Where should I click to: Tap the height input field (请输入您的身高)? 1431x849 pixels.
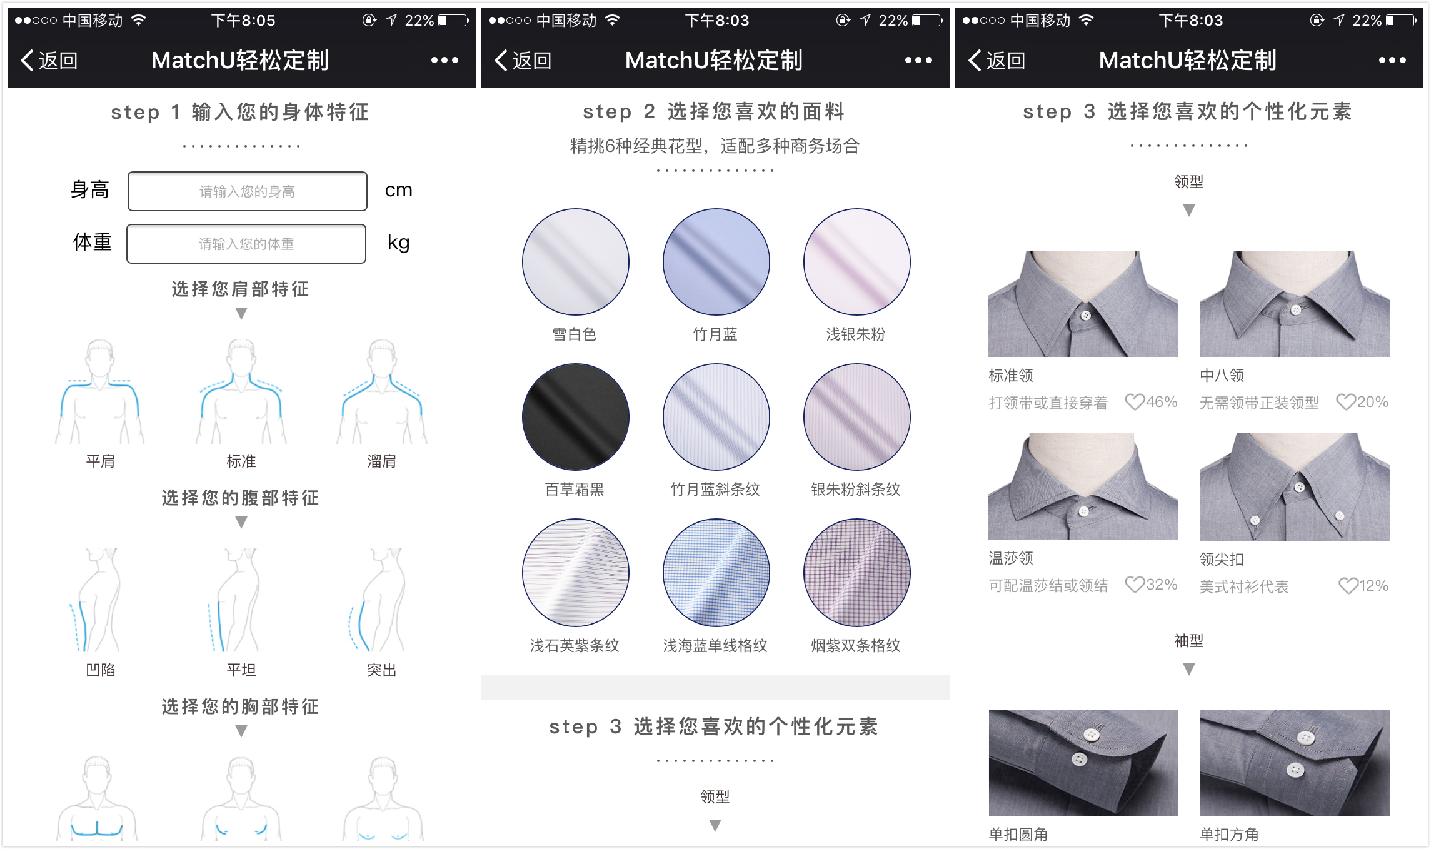248,191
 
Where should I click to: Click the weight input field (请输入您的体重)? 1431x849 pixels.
246,244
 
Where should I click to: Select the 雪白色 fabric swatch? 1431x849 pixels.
576,262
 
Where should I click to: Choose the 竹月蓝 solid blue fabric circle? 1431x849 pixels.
716,262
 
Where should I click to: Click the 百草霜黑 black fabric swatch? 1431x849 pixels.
576,417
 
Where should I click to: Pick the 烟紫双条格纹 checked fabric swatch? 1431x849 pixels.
857,573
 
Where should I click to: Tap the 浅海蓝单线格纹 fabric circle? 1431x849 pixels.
716,573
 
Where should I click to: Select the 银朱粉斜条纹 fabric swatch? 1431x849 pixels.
857,417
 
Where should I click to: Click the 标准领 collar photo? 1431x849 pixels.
1083,304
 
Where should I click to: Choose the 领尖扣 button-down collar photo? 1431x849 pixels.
1295,486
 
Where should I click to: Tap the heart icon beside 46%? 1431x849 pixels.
1135,401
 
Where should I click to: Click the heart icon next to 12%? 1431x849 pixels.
1348,586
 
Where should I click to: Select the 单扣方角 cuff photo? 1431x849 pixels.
1295,763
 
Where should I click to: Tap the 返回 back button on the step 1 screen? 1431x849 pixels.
49,61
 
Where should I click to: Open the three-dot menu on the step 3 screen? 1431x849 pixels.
1392,61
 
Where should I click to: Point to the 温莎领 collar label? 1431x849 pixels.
1011,558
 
